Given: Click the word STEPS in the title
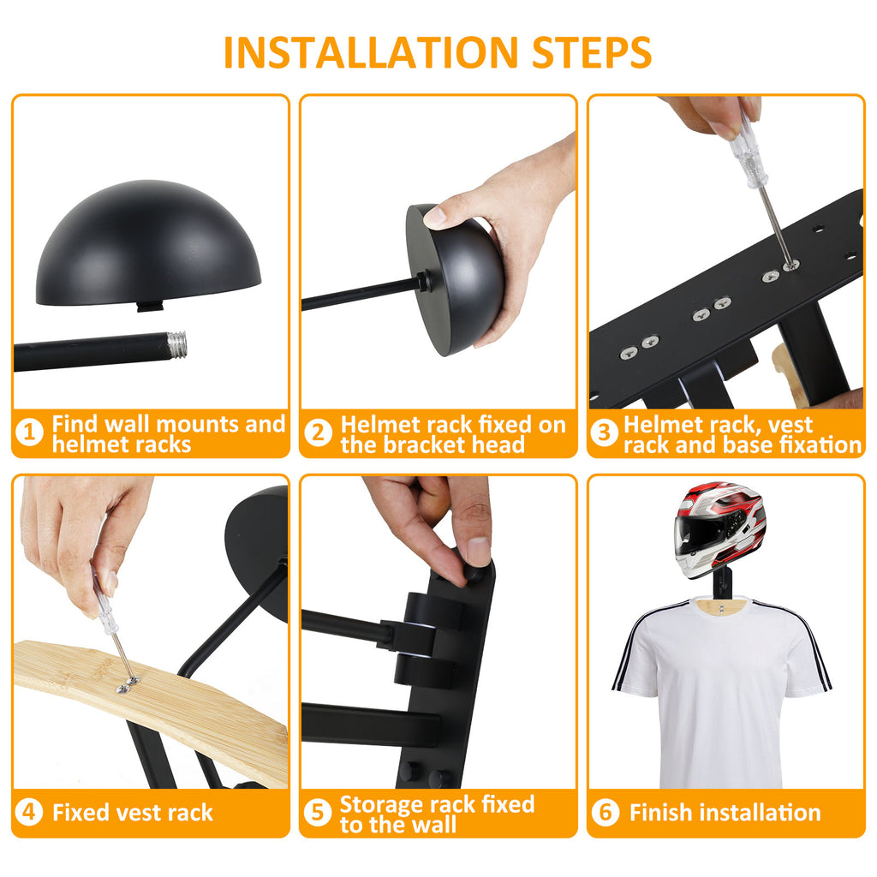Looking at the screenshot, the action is [592, 52].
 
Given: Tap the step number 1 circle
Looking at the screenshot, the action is [30, 433].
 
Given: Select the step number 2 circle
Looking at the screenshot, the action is [319, 433].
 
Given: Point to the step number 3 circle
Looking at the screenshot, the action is [605, 433].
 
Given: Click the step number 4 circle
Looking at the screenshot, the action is [30, 812].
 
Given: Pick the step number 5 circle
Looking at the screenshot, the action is [318, 812].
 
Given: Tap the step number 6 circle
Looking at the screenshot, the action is [606, 812].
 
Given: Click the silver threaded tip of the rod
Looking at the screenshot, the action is [176, 343].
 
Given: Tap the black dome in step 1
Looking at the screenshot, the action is [148, 244].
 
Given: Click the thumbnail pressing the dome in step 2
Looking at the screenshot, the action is [434, 216].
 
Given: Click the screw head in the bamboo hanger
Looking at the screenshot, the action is [128, 685].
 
